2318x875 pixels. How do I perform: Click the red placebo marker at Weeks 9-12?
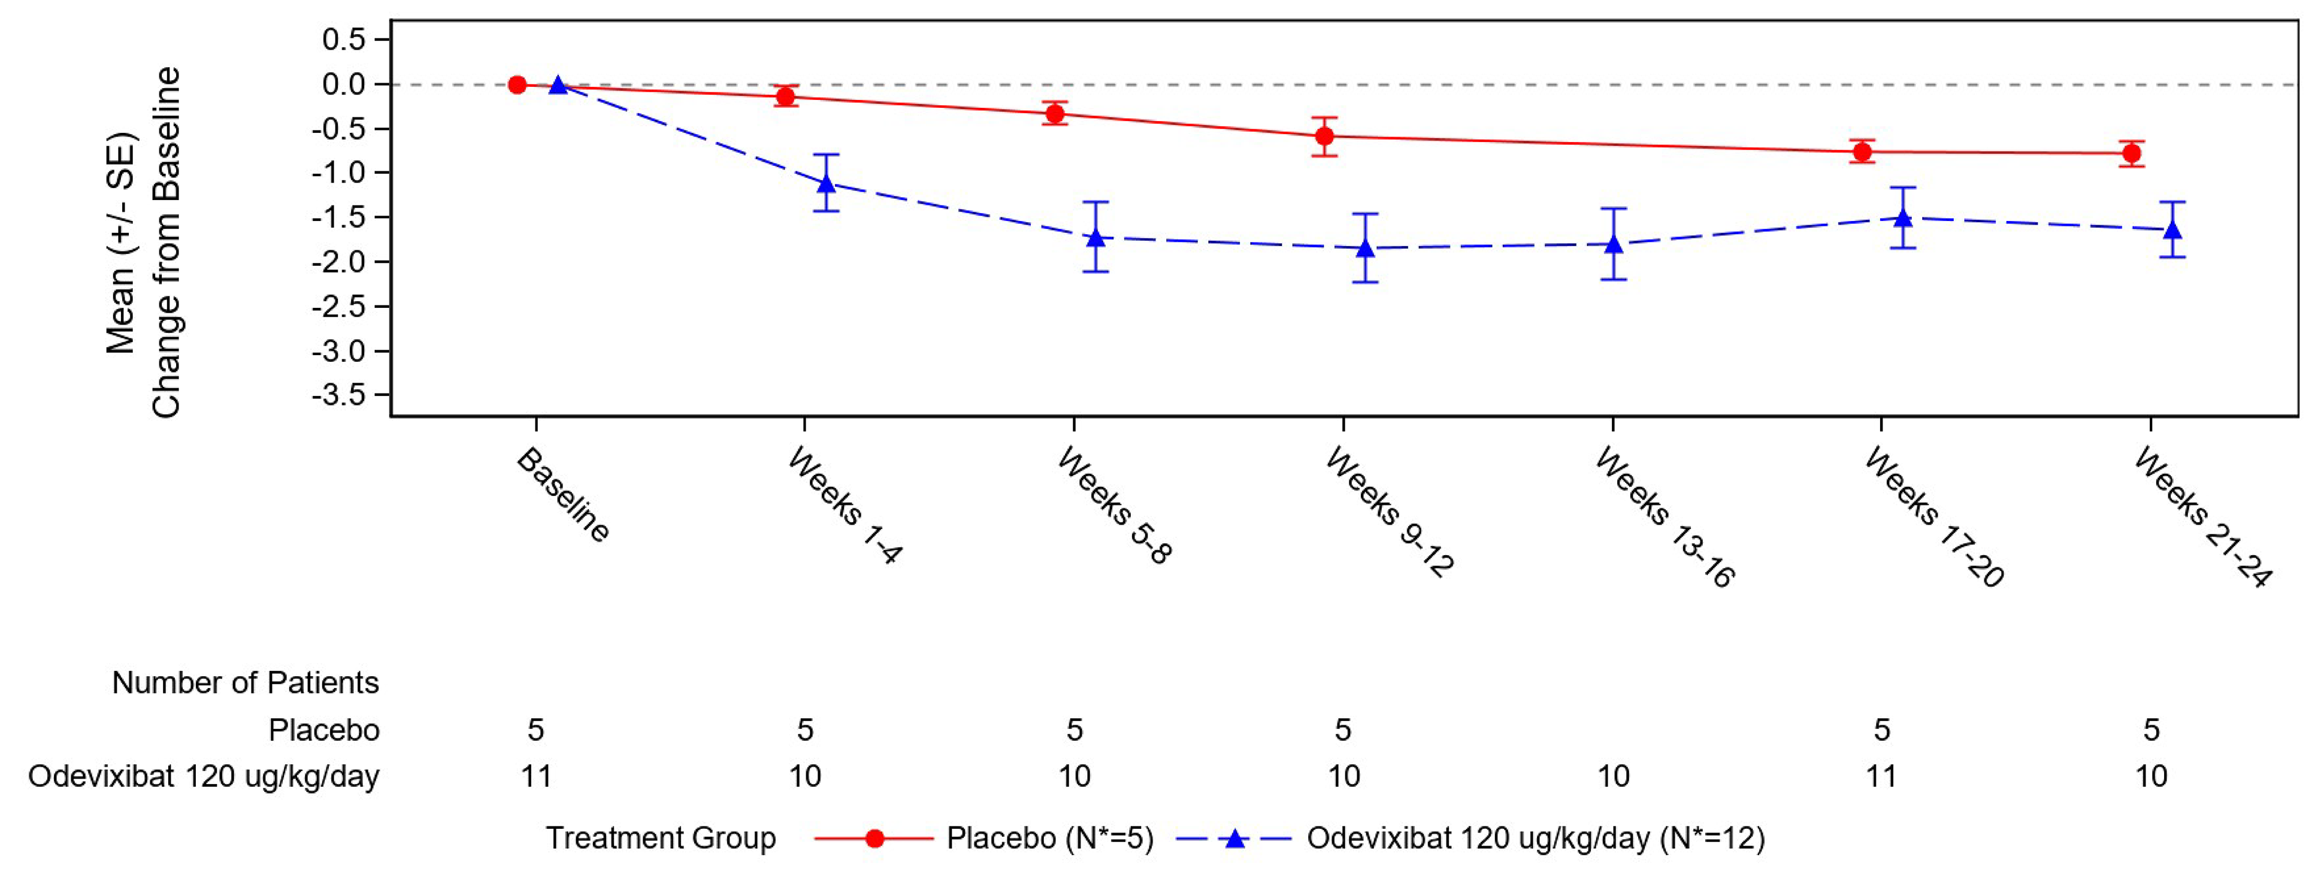click(1324, 137)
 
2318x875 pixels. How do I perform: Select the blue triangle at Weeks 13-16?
click(1614, 244)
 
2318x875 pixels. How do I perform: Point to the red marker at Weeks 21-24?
click(2132, 154)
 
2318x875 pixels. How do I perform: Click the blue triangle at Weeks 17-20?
click(1903, 218)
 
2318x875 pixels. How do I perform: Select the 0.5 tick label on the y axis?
click(344, 40)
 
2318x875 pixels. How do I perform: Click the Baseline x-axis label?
click(563, 495)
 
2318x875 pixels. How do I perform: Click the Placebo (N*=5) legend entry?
click(1049, 838)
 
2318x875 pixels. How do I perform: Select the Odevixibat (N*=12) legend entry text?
click(1535, 838)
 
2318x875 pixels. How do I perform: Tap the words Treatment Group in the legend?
click(661, 838)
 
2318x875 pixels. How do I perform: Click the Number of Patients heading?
click(245, 682)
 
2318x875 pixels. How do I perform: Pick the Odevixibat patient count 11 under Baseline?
click(536, 776)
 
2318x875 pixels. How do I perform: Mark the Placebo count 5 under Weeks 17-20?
click(1881, 729)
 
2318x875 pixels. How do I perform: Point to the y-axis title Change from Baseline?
click(167, 243)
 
